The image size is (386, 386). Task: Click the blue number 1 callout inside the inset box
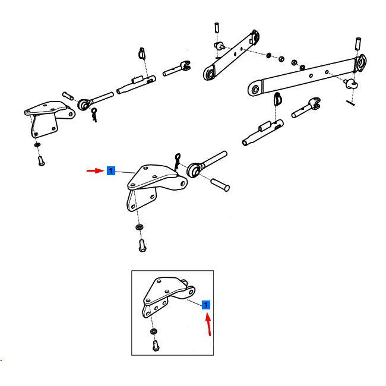point(206,305)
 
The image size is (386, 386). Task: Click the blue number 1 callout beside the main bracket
point(111,170)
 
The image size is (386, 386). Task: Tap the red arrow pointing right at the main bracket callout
point(96,170)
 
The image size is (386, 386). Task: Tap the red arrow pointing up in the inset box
point(208,324)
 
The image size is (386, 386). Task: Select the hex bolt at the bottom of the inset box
point(156,346)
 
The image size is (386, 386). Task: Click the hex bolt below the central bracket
point(143,246)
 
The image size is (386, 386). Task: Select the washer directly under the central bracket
point(140,227)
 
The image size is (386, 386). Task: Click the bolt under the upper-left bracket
point(41,161)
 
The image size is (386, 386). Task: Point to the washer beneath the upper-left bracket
point(37,145)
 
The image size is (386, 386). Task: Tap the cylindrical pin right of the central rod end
point(220,185)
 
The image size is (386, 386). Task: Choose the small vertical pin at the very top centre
point(217,27)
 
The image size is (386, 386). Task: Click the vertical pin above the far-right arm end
point(358,44)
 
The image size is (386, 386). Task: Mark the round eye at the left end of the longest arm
point(255,89)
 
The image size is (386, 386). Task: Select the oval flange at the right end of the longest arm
point(360,64)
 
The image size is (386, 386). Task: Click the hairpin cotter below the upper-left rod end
point(94,115)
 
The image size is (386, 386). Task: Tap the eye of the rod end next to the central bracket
point(194,170)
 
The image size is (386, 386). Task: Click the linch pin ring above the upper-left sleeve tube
point(142,53)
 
